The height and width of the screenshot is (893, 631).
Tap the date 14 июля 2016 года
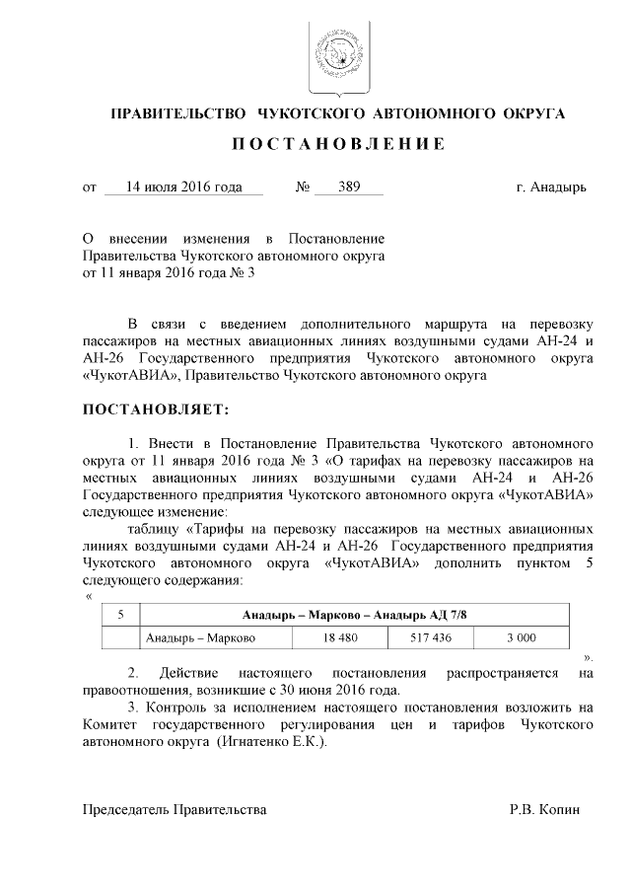[x=183, y=186]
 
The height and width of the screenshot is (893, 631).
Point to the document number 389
[x=348, y=186]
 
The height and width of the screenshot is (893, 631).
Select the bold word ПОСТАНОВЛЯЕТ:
[x=155, y=409]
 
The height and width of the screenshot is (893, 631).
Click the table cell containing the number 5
[x=120, y=615]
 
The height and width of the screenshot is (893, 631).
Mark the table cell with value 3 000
[x=521, y=638]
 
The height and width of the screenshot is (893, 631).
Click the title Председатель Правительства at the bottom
[x=174, y=810]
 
